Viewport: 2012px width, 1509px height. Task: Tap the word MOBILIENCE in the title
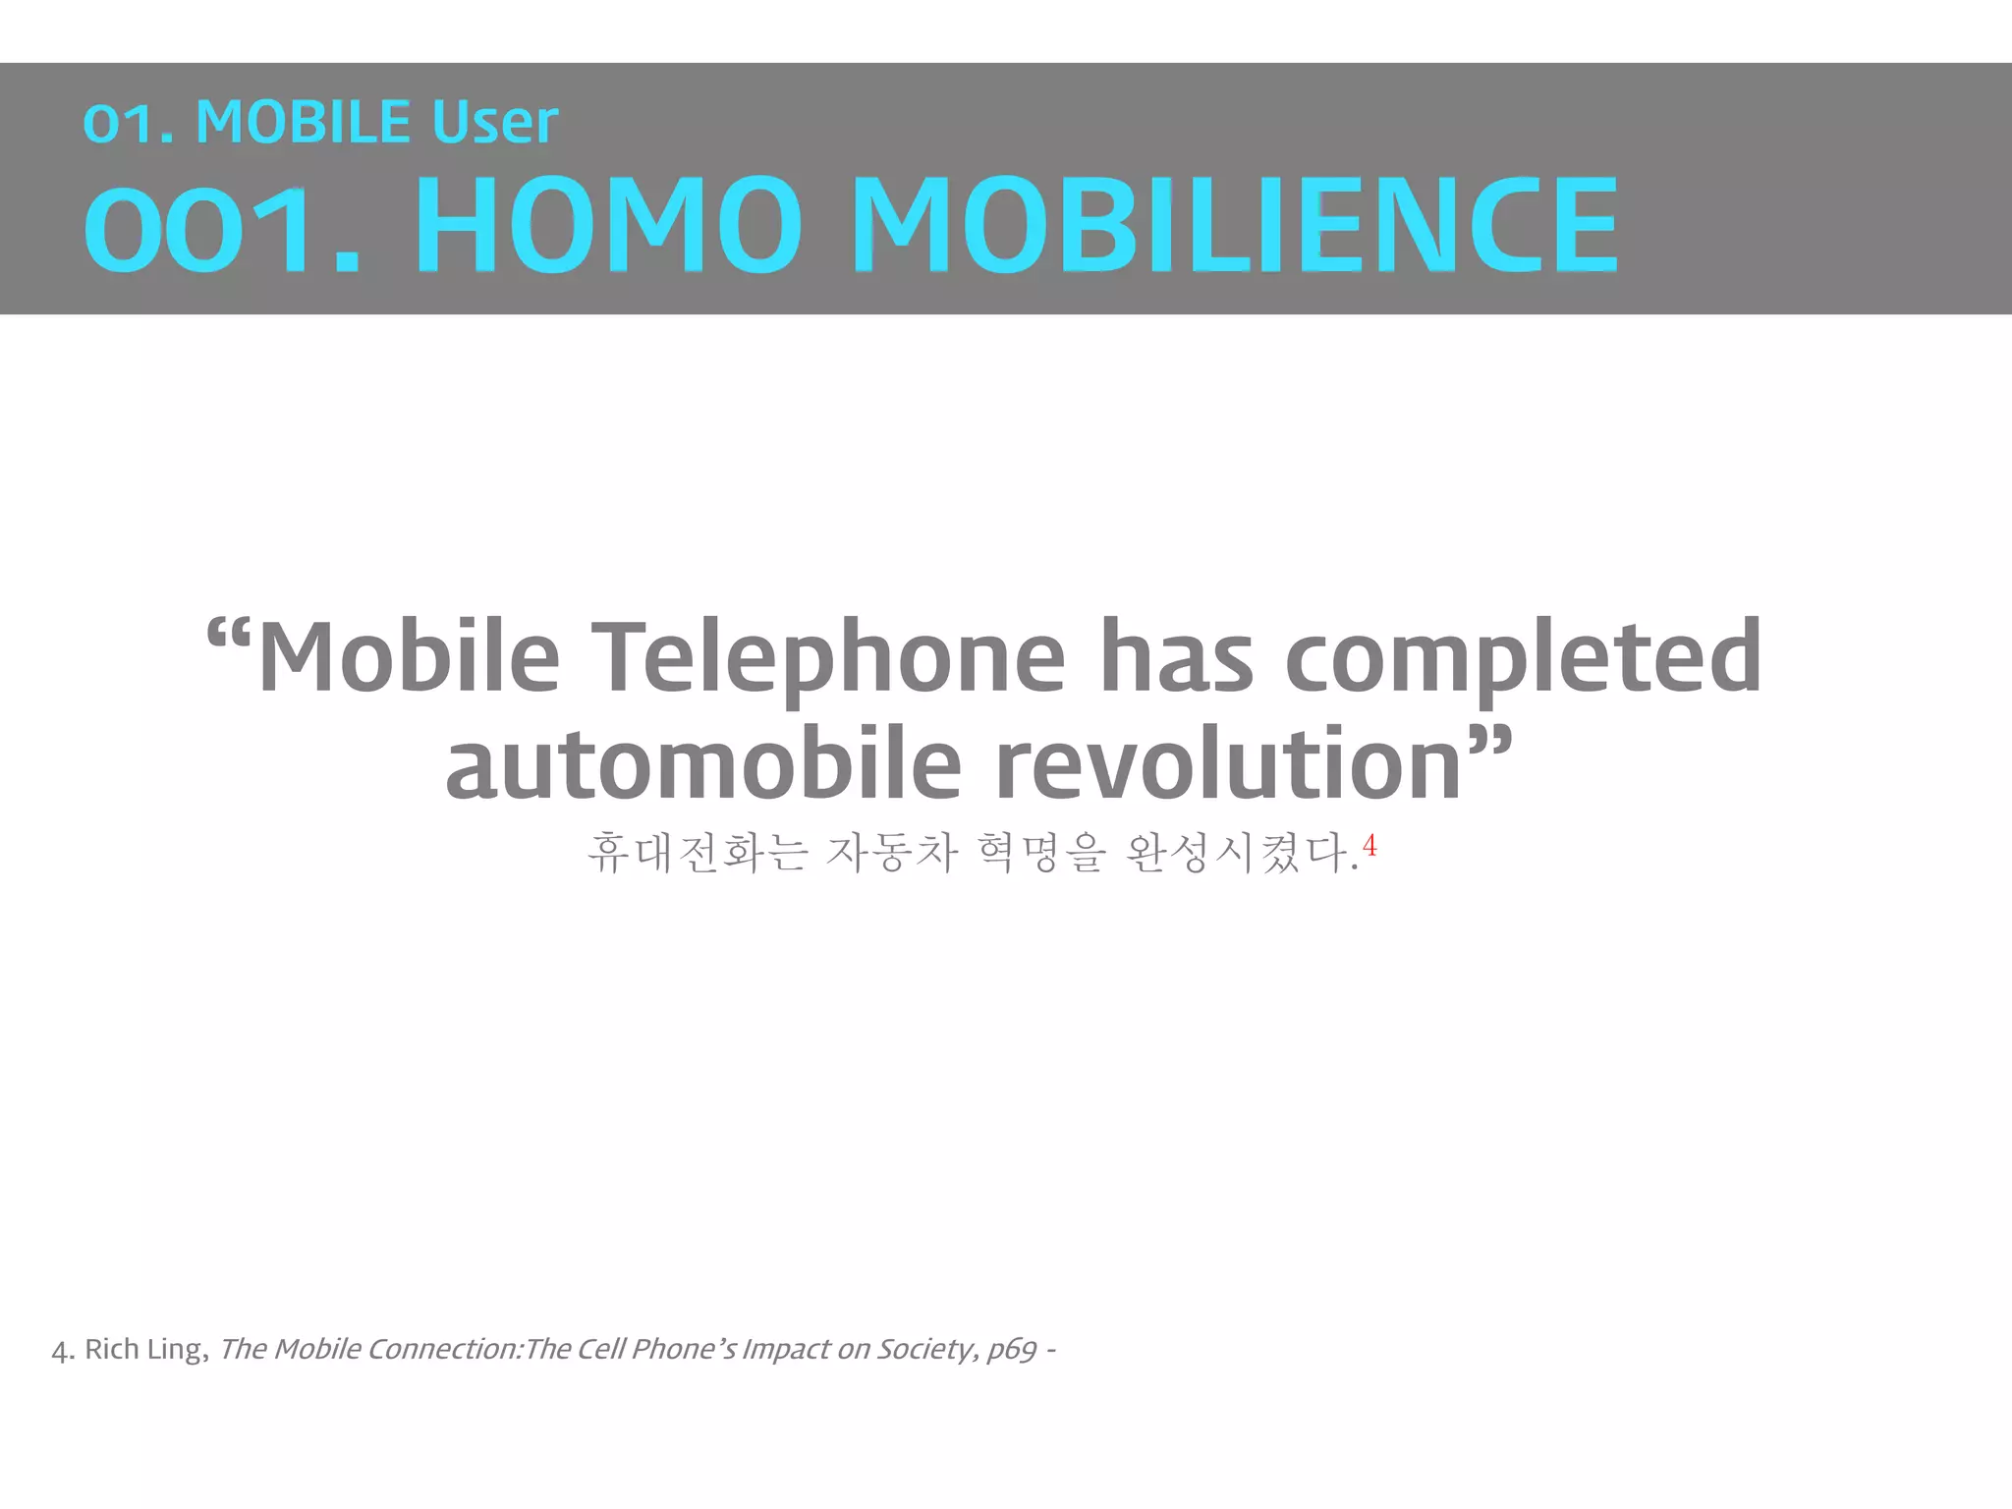coord(1240,224)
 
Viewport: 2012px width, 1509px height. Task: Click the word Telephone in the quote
coord(831,656)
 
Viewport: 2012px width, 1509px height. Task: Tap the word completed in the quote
coord(1523,656)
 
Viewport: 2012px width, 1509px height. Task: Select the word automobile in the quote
coord(703,764)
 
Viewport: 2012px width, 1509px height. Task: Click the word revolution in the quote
coord(1228,764)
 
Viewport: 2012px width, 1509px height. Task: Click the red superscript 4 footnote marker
coord(1369,846)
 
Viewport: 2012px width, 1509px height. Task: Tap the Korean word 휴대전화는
coord(698,853)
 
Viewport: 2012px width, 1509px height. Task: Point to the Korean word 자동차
coord(892,853)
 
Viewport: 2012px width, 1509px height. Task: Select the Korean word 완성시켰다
coord(1240,853)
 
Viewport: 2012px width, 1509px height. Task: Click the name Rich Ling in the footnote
coord(143,1349)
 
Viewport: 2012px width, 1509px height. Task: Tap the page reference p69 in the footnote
coord(1012,1350)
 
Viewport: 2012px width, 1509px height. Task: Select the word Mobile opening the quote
coord(409,656)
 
